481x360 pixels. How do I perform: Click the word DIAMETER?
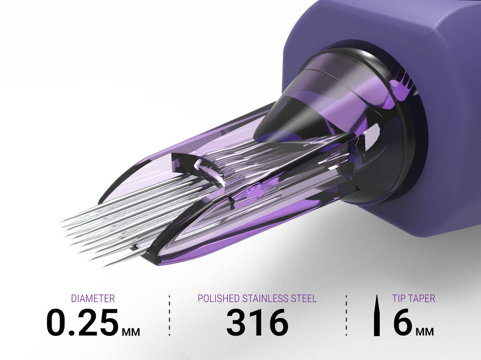(93, 299)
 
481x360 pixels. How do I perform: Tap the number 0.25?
(82, 322)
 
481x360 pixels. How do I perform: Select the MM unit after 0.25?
(131, 332)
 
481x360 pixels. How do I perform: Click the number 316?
(257, 322)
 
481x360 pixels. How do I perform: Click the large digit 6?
(403, 322)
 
